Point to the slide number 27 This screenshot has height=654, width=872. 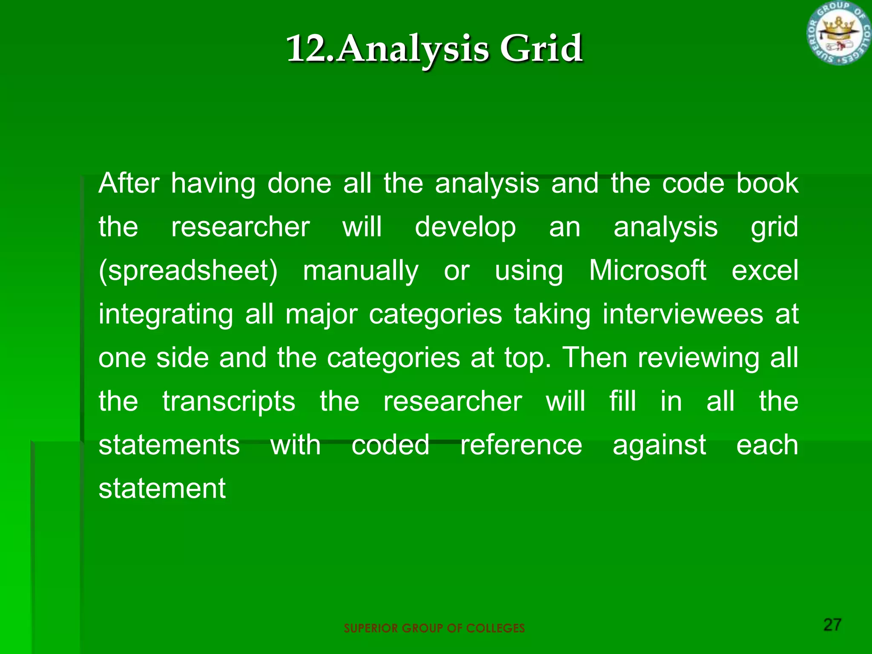[x=832, y=625]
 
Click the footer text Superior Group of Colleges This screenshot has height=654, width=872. [x=434, y=628]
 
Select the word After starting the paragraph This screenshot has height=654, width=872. [x=129, y=184]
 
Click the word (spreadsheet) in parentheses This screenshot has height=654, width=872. [x=188, y=271]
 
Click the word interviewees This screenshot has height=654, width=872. [x=683, y=314]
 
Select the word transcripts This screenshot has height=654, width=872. [x=229, y=402]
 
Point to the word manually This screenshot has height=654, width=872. [x=361, y=271]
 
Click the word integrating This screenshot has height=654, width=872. [x=166, y=315]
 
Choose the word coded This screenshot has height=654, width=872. [x=390, y=445]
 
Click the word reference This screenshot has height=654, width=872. [x=521, y=445]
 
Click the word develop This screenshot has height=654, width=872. [x=465, y=227]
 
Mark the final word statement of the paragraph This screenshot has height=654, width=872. [x=162, y=488]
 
